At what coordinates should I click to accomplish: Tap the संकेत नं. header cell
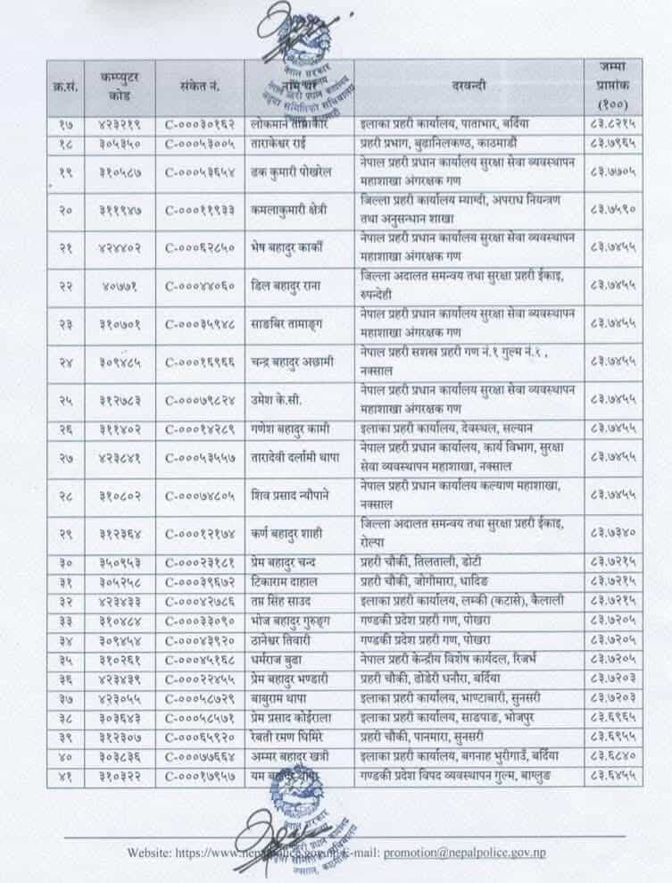click(x=198, y=87)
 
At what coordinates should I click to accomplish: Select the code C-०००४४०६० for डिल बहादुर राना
click(x=198, y=286)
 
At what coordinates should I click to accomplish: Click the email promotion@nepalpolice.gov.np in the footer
click(x=464, y=853)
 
